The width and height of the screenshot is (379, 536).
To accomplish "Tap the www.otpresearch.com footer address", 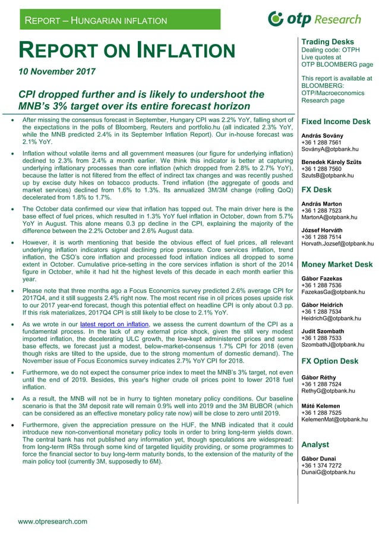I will click(x=53, y=521).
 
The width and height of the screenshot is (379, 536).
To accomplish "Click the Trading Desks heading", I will click(x=327, y=42).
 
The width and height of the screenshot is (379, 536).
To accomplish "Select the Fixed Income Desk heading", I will click(x=336, y=122).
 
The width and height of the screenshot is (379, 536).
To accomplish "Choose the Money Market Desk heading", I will click(x=337, y=264).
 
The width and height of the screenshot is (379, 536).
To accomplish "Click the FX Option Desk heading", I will click(x=330, y=361).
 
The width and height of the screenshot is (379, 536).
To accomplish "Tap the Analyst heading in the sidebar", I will click(x=315, y=444).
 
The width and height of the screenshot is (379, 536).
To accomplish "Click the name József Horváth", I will click(x=323, y=229).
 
